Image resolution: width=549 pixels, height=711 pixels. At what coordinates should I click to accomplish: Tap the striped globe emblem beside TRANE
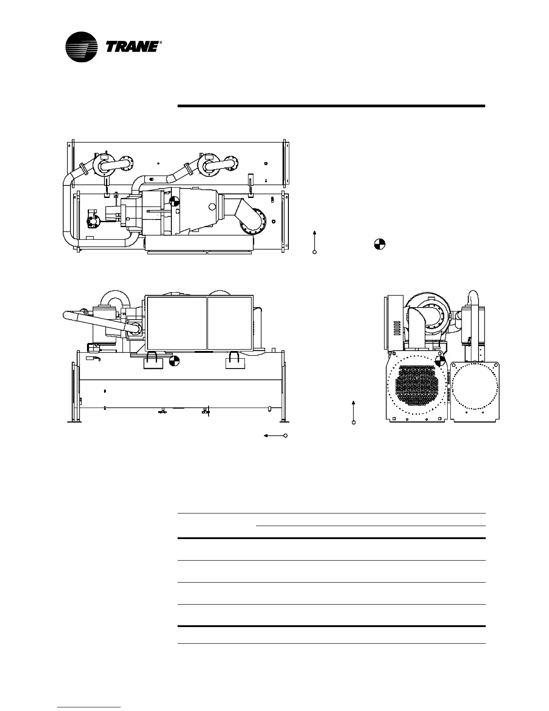tap(82, 47)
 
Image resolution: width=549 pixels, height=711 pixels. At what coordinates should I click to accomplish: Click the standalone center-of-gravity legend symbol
tap(379, 245)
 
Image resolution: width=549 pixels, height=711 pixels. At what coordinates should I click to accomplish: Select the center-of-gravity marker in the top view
tap(175, 202)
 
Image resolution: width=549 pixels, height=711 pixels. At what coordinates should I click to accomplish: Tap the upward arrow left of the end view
tap(354, 411)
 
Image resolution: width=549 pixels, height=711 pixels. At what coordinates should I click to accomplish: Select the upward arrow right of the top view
tap(314, 241)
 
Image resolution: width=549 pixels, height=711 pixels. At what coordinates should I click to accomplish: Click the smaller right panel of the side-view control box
tap(230, 323)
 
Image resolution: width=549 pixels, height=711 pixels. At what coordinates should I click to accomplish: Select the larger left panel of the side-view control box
tap(177, 323)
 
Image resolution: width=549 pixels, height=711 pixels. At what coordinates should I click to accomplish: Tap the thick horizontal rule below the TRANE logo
tap(331, 106)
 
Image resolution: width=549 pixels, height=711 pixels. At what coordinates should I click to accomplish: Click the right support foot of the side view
tap(284, 420)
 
